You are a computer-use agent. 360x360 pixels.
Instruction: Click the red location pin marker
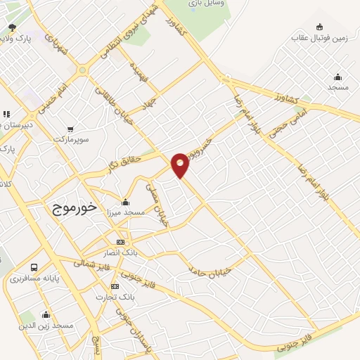(180, 165)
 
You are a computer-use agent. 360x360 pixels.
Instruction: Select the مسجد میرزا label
(125, 212)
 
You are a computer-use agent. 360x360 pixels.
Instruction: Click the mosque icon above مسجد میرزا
(125, 202)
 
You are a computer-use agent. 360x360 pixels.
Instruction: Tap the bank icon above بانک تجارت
(115, 286)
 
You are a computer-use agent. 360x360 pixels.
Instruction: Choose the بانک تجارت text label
(115, 297)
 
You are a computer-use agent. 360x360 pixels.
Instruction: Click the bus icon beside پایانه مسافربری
(34, 267)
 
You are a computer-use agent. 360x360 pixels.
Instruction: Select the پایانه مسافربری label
(34, 279)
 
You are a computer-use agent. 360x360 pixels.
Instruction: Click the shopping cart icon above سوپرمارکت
(70, 129)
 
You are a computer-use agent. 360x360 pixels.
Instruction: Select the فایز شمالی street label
(89, 265)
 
